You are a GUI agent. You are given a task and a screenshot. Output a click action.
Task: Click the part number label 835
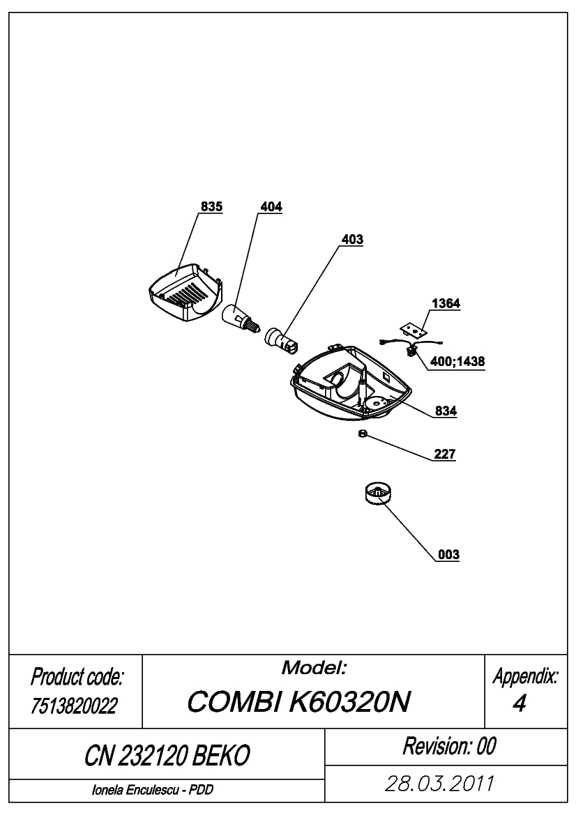click(x=211, y=206)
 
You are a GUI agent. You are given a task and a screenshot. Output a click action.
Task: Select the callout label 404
click(x=271, y=206)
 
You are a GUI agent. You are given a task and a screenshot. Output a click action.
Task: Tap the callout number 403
click(x=352, y=239)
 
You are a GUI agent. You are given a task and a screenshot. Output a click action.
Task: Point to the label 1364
click(x=446, y=303)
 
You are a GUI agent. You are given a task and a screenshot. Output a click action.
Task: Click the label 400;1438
click(x=457, y=360)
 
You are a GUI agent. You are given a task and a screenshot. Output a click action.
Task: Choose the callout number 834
click(x=446, y=411)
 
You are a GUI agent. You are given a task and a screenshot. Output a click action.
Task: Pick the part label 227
click(x=444, y=454)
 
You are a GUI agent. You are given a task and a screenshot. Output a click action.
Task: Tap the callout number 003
click(x=448, y=554)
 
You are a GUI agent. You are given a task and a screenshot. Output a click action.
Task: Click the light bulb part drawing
click(x=240, y=317)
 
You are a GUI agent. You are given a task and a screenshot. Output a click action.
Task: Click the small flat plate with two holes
click(x=414, y=330)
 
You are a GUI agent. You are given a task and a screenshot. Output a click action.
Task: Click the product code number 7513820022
click(x=75, y=706)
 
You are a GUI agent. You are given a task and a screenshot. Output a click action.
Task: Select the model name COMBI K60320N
click(x=299, y=701)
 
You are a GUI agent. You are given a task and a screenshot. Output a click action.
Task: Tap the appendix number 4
click(x=520, y=703)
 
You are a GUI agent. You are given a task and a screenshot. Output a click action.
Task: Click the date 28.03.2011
click(x=439, y=784)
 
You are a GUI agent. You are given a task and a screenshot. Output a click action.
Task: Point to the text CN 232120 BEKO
click(x=167, y=755)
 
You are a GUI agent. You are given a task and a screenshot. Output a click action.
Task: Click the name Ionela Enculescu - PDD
click(x=152, y=790)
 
